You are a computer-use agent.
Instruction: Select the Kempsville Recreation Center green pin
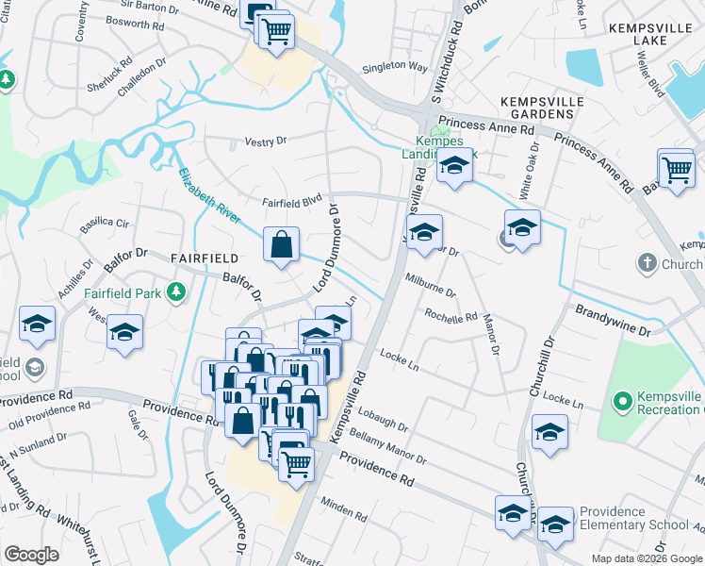621,403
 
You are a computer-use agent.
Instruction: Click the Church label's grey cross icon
647,263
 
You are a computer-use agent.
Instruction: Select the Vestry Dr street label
265,141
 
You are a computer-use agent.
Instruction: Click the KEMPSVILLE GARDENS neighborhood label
536,107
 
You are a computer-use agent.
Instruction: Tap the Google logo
31,555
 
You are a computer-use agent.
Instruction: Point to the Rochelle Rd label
451,316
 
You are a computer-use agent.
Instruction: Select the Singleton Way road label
396,67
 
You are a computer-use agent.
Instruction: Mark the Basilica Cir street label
106,224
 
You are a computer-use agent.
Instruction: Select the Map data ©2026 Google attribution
647,558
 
